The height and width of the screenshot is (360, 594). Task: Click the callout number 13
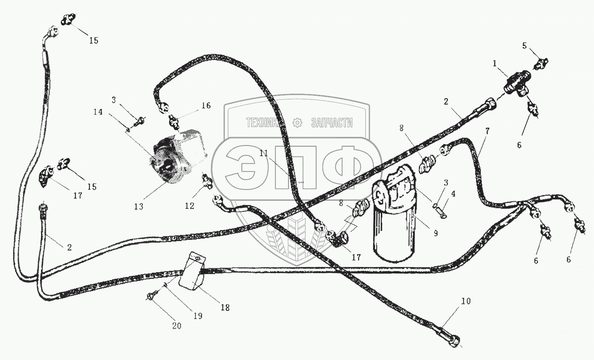tap(139, 207)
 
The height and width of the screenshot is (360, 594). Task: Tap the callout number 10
tap(466, 301)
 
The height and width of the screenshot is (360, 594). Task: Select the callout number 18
tap(225, 308)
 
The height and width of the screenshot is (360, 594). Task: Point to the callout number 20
tap(177, 326)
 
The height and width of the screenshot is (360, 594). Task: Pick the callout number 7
tap(487, 132)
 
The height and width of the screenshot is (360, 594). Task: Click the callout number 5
tap(525, 46)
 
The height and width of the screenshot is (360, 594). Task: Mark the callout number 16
tap(206, 105)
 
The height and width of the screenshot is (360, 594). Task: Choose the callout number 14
tap(98, 112)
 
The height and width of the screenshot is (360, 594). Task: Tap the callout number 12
tap(190, 206)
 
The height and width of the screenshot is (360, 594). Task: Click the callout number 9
tap(436, 233)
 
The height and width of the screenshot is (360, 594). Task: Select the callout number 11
tap(264, 153)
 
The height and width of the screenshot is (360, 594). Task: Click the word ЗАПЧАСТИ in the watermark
tap(332, 122)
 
